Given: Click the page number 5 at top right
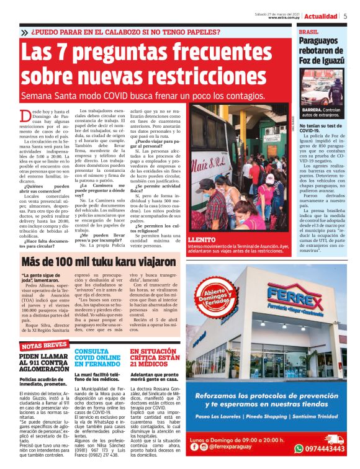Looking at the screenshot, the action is coord(346,16).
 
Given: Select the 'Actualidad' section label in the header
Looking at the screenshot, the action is coord(321,16).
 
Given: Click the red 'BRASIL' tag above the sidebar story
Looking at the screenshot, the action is coord(308,31).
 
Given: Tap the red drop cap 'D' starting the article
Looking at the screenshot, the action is coord(26,115).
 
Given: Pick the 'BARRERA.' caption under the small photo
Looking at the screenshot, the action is coord(313,109).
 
